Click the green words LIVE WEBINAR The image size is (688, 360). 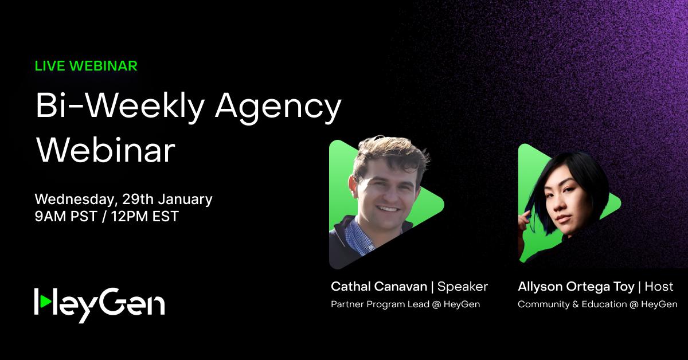[x=86, y=65]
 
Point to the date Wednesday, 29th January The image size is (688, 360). [x=123, y=199]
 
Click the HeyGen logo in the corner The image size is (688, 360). [x=100, y=302]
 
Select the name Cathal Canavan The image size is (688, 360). [x=378, y=286]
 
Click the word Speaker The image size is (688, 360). [x=463, y=286]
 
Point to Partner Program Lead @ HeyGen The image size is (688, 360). [x=405, y=304]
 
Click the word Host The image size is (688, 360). [x=659, y=286]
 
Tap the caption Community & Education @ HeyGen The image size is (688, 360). [x=597, y=304]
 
